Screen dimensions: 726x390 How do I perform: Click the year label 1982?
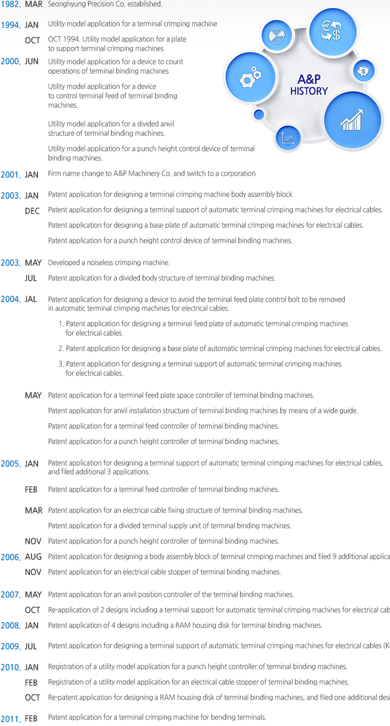[x=10, y=4]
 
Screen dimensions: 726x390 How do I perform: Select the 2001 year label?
[x=10, y=174]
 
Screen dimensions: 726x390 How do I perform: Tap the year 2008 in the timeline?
[x=10, y=626]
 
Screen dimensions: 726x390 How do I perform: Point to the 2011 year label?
[x=10, y=719]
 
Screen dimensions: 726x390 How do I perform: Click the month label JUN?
[x=32, y=62]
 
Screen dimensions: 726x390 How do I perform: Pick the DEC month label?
[x=32, y=211]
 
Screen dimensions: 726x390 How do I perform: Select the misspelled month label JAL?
[x=31, y=299]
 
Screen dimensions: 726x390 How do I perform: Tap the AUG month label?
[x=33, y=557]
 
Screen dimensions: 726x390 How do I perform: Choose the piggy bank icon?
[x=364, y=71]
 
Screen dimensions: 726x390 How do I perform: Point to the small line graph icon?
[x=288, y=138]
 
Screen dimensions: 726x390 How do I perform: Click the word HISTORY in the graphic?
[x=308, y=91]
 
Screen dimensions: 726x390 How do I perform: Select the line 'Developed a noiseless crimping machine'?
[x=109, y=263]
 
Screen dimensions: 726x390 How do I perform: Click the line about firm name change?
[x=151, y=173]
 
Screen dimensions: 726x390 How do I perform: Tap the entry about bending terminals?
[x=157, y=717]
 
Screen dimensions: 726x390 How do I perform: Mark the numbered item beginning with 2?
[x=220, y=348]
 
